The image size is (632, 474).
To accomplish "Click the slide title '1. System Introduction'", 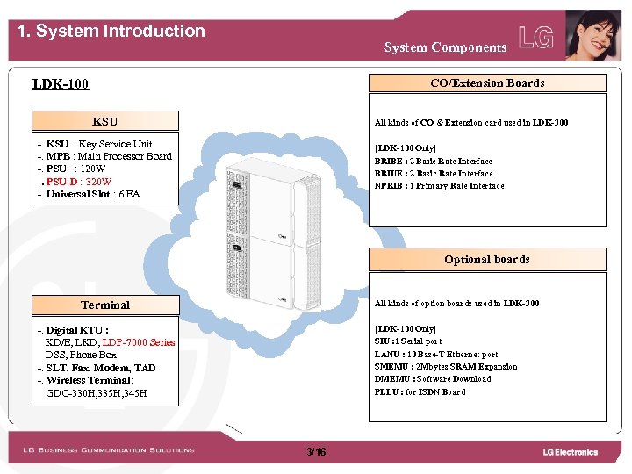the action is click(111, 32).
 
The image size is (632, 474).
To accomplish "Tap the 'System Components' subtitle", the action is click(445, 47).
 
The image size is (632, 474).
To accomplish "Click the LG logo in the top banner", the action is click(536, 38).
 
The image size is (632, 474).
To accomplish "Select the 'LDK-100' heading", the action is click(61, 85).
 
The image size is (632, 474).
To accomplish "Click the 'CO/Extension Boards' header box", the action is click(487, 83).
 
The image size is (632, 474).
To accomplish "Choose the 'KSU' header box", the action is click(104, 121).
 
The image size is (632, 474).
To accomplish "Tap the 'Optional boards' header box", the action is click(487, 260).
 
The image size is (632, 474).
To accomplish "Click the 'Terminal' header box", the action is click(105, 305).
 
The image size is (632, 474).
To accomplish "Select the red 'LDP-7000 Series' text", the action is click(139, 342).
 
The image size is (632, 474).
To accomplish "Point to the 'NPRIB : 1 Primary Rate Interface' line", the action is click(439, 186).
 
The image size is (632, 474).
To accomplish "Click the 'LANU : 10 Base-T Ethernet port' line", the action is click(436, 355).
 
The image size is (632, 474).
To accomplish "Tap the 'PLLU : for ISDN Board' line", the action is click(420, 391).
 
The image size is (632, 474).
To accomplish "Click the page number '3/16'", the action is click(316, 452).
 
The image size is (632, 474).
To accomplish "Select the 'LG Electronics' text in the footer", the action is click(570, 452).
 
